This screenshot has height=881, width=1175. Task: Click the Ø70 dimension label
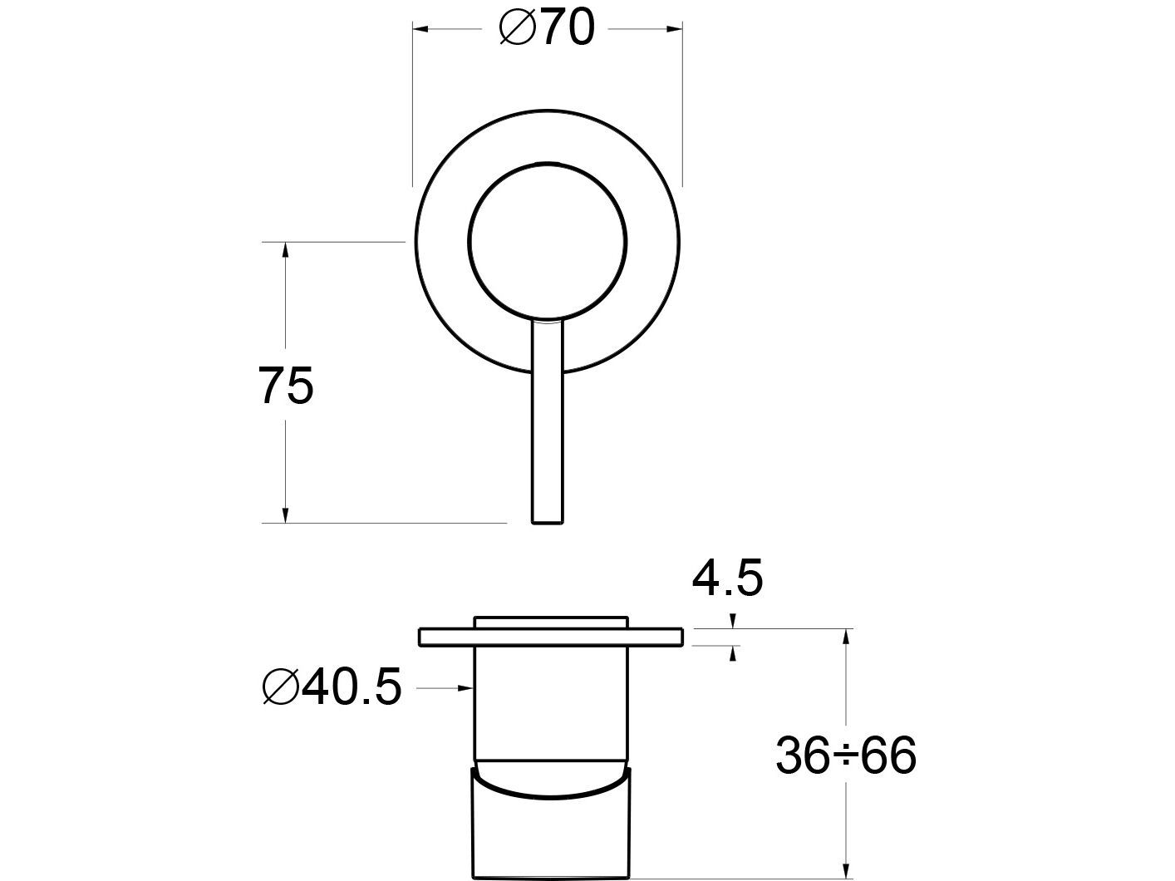click(x=547, y=29)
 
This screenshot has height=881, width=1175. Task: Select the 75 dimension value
click(x=286, y=386)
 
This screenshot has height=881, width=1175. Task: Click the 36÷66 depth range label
click(x=846, y=755)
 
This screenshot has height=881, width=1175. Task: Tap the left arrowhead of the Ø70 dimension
click(x=420, y=30)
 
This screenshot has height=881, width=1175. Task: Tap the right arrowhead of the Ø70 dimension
click(x=676, y=30)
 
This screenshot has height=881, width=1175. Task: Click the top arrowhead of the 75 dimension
click(x=285, y=249)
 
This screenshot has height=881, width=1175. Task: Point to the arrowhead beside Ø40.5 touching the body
click(x=467, y=688)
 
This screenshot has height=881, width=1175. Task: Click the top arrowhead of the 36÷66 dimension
click(x=846, y=636)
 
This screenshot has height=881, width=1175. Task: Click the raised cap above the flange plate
click(x=550, y=623)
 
